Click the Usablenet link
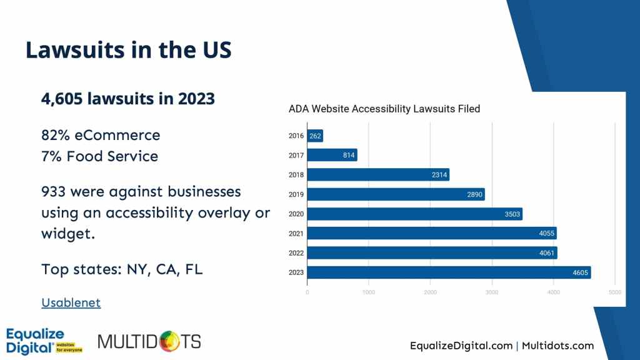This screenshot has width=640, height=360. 71,302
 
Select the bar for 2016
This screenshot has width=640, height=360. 315,136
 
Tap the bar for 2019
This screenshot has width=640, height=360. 396,194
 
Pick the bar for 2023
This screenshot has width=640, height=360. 449,272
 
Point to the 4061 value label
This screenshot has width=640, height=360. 546,253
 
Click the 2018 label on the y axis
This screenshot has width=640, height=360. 296,175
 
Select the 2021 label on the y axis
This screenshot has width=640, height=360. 296,233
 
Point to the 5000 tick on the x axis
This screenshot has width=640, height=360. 615,291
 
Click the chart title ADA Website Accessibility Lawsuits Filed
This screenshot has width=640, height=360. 384,109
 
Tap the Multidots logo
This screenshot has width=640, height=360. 149,341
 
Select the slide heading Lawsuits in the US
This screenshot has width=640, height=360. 128,49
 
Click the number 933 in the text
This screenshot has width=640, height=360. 54,191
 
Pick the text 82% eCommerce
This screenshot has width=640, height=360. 101,135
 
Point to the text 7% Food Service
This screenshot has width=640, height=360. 99,156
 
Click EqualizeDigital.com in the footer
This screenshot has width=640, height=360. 461,346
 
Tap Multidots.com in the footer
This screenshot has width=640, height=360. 557,346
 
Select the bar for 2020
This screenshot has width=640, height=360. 414,214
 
